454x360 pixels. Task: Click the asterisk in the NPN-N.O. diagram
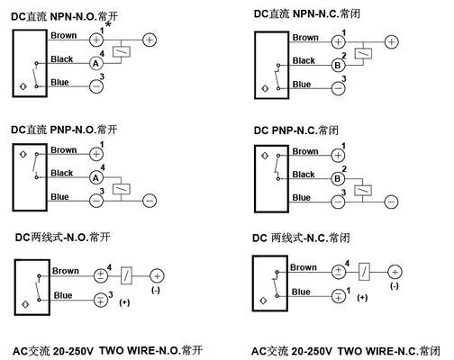point(108,24)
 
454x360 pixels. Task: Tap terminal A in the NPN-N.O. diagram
point(96,63)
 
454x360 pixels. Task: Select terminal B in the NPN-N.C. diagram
point(338,65)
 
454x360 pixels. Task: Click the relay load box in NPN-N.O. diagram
point(122,52)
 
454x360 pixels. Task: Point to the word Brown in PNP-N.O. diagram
point(64,149)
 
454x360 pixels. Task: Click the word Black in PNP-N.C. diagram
point(304,175)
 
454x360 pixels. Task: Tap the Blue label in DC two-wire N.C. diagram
point(301,292)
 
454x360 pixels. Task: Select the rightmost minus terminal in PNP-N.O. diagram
point(150,201)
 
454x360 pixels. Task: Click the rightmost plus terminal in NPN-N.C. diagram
point(392,42)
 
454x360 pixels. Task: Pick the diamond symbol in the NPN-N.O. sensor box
point(23,86)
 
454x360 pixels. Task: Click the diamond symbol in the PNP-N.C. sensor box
point(265,156)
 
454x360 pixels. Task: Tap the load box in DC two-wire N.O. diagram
point(126,275)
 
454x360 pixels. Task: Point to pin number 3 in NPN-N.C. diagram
point(344,78)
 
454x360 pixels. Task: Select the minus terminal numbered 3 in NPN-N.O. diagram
point(96,86)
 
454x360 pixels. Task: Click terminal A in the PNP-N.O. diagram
point(96,178)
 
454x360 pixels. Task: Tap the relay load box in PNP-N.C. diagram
point(363,191)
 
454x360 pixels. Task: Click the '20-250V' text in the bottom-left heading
point(73,351)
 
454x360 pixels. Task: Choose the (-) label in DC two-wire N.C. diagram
point(395,286)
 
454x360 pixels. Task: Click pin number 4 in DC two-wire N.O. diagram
point(109,267)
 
